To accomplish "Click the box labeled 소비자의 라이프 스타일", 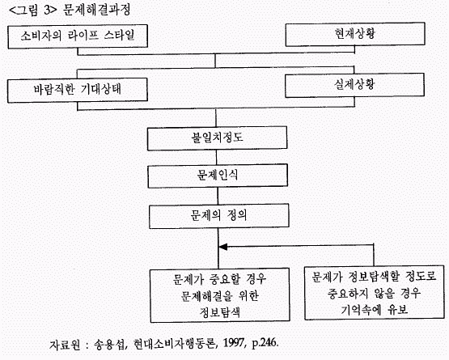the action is [78, 36].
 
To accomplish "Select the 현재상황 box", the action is [355, 34].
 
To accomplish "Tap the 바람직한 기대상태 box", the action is [78, 90].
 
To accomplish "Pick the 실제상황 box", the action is [354, 85].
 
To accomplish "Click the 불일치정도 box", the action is [217, 138].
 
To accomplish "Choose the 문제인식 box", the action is [218, 176].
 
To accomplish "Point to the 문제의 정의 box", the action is [218, 216].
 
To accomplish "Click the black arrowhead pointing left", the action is [222, 247].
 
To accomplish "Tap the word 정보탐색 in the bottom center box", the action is [219, 312].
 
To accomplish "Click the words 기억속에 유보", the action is [374, 310].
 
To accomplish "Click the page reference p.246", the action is [265, 343].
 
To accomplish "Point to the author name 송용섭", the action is [110, 344].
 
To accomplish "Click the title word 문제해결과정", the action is [96, 10].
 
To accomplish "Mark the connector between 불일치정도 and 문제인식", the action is [216, 157].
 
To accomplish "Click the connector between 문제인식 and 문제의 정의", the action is [218, 196].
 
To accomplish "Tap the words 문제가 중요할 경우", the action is [219, 278].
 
